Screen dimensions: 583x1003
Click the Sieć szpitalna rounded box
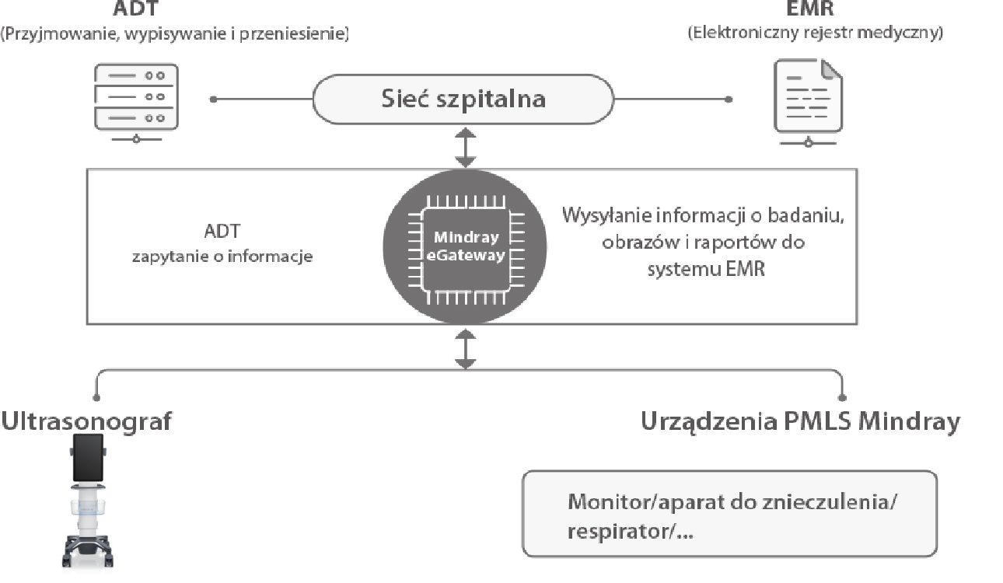463,99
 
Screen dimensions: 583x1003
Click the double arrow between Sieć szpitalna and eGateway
465,148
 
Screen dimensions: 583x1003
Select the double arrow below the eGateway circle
465,348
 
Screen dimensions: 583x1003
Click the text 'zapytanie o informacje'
222,257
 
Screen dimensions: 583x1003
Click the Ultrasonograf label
86,421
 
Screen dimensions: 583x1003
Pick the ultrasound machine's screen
87,458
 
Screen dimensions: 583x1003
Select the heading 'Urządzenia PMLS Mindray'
800,421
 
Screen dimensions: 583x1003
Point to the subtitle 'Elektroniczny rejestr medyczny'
815,33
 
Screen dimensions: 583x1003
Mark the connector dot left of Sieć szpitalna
214,99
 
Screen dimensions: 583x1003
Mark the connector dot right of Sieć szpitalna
729,99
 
